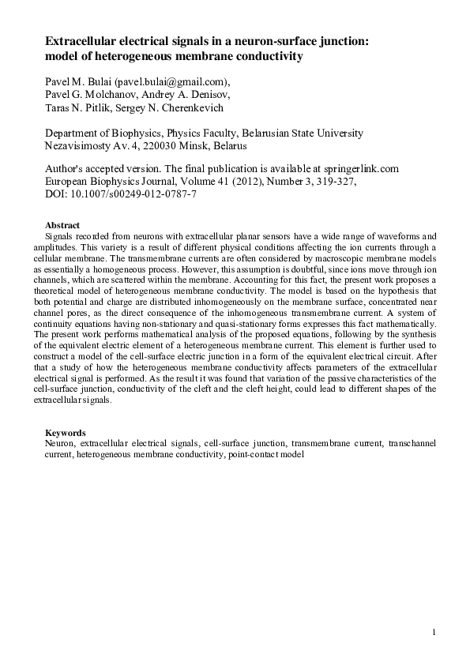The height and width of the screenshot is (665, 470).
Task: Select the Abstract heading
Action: pos(63,225)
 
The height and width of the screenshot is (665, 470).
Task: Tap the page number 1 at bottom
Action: pos(434,632)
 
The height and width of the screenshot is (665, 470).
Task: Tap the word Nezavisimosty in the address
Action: pos(82,146)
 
